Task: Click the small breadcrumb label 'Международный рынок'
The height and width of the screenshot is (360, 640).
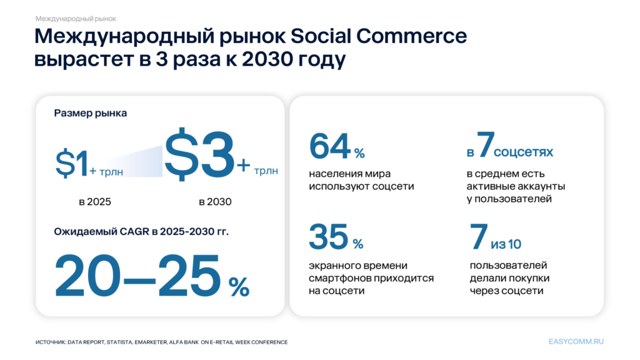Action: [76, 19]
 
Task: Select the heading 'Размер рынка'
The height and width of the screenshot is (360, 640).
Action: [90, 113]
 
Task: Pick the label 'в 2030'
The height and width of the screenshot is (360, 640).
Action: [215, 202]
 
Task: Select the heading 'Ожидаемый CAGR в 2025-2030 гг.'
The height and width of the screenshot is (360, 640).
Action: [141, 232]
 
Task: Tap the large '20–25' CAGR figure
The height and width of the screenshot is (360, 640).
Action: [137, 276]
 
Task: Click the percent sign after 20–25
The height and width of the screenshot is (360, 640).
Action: [238, 287]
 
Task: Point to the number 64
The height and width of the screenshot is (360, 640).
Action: [329, 147]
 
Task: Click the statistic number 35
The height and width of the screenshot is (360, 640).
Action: [329, 236]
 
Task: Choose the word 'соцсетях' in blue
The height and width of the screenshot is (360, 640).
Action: [524, 152]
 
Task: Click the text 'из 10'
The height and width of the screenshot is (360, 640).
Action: [507, 243]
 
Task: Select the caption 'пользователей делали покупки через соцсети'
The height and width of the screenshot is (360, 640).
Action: [506, 278]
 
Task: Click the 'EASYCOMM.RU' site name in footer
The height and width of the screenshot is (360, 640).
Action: [576, 342]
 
